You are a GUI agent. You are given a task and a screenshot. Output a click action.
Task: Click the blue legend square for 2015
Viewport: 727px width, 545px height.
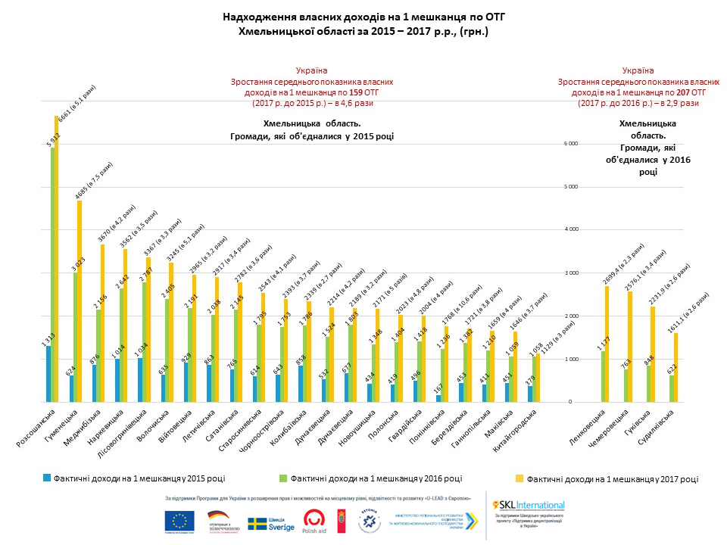click(x=47, y=478)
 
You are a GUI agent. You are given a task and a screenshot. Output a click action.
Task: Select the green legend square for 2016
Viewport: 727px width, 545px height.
click(x=283, y=478)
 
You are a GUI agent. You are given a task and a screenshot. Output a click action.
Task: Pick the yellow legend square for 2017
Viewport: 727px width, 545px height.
click(x=520, y=478)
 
